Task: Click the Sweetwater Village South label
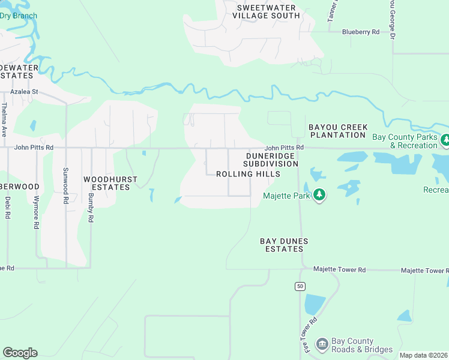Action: [x=268, y=11]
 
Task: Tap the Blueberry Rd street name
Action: [x=361, y=32]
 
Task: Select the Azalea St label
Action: [x=24, y=92]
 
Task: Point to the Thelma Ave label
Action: [x=4, y=119]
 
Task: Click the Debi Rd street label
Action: [x=8, y=207]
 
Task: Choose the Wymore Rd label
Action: [x=37, y=212]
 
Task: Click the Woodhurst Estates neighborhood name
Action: [x=110, y=183]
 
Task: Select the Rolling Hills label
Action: [x=248, y=174]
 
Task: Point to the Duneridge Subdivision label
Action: [x=271, y=160]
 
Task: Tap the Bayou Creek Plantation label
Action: [x=337, y=131]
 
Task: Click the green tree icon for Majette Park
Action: [x=320, y=195]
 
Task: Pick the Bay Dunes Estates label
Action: [x=284, y=245]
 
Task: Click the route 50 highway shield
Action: [x=300, y=286]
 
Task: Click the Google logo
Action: [x=20, y=353]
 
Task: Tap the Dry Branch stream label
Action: [x=19, y=16]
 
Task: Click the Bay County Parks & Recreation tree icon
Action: [x=445, y=140]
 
